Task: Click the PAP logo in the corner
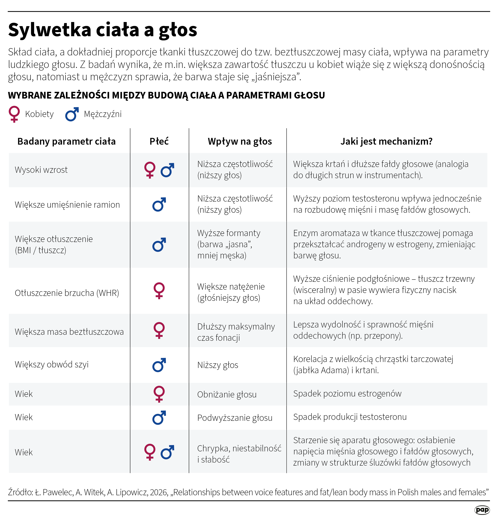click(x=482, y=510)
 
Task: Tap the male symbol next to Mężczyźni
click(x=72, y=114)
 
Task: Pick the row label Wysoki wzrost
click(x=41, y=170)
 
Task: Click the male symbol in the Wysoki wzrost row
click(x=167, y=170)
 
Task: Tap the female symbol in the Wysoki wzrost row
click(x=150, y=170)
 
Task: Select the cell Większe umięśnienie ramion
click(x=67, y=205)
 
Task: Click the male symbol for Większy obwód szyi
click(x=159, y=365)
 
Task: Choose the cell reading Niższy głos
click(x=218, y=365)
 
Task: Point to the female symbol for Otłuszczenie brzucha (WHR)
click(x=159, y=291)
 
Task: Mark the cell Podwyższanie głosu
click(x=235, y=418)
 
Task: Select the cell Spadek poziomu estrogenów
click(x=347, y=394)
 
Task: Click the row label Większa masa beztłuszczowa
click(x=69, y=332)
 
